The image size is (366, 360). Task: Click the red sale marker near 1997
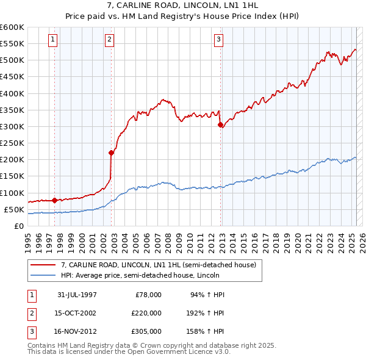click(x=55, y=200)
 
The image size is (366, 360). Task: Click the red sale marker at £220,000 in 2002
click(x=111, y=153)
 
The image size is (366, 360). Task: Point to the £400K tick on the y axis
click(x=12, y=93)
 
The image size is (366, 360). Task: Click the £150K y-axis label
click(x=12, y=176)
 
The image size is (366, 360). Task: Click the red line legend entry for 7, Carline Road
click(x=162, y=265)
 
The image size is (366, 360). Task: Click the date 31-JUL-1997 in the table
click(x=77, y=295)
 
